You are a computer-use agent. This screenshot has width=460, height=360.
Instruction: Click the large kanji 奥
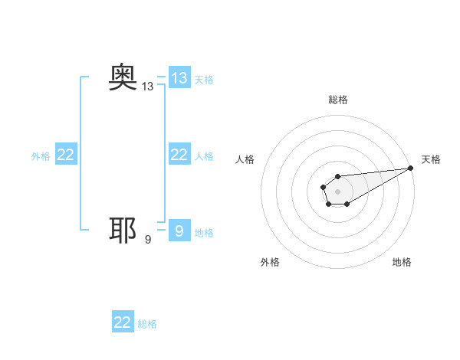pos(123,77)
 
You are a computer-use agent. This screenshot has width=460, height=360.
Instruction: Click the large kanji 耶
pos(123,231)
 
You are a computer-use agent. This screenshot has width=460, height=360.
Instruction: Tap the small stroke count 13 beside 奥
pos(148,87)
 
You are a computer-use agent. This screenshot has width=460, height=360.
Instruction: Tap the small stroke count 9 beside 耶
pos(148,240)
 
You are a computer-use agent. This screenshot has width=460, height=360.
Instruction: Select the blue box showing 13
pos(179,77)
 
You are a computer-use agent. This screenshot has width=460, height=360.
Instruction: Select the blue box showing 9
pos(179,230)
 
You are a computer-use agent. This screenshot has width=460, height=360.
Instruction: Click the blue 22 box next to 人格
pos(179,155)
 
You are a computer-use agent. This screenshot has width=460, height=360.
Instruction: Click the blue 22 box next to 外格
pos(66,155)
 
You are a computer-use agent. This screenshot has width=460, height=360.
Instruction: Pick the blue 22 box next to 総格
pos(123,322)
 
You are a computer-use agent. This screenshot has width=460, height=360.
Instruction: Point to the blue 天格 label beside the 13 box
pos(204,79)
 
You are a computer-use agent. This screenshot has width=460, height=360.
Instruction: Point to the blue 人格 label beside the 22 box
pos(204,156)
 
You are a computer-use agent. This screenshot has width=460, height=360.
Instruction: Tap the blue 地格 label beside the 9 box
pos(204,232)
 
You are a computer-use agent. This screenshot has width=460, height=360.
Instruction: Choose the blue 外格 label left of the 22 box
pos(41,156)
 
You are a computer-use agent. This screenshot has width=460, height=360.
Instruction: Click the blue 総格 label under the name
pos(147,324)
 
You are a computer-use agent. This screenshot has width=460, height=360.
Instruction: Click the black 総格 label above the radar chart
pos(338,100)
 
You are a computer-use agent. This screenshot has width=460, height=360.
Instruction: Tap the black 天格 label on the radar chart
pos(431,159)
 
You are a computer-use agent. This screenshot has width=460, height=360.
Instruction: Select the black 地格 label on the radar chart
pos(402,262)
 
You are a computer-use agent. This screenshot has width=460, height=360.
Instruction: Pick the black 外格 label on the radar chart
pos(270,262)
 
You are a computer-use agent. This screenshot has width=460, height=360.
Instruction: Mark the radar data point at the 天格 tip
pos(411,168)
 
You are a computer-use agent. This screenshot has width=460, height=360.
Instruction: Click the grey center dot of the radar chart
pos(337,191)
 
